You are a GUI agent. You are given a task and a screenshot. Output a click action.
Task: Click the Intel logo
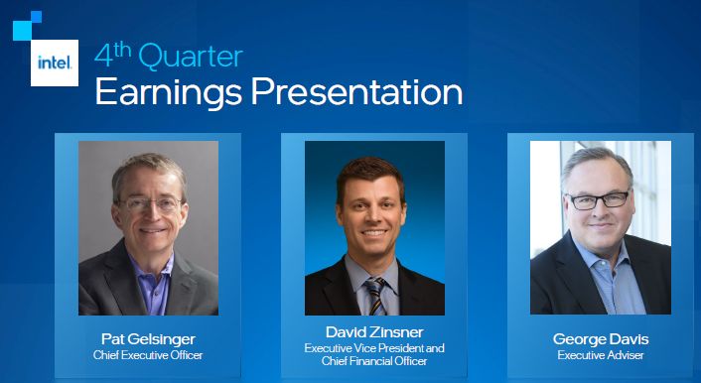click(55, 63)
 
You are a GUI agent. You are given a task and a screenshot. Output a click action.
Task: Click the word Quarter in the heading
click(191, 57)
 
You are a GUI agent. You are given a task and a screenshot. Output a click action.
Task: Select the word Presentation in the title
click(356, 91)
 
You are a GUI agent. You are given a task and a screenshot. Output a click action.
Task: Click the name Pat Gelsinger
click(148, 339)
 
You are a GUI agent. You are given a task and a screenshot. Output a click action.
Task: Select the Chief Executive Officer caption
click(148, 355)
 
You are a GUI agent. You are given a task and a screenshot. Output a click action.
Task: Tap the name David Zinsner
click(374, 332)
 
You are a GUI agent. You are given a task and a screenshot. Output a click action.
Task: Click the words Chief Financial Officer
click(374, 361)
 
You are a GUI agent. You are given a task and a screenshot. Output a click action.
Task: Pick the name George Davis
click(601, 339)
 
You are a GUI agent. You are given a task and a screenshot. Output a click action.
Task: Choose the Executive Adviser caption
click(601, 355)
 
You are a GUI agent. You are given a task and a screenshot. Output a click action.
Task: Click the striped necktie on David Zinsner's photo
click(375, 295)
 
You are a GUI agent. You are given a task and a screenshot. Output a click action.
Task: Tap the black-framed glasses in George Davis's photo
click(598, 198)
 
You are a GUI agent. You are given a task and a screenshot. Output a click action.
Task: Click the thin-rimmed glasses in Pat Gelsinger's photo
click(150, 204)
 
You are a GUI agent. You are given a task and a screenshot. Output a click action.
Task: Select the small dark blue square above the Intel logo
click(36, 17)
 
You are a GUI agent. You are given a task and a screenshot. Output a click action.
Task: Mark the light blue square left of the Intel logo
click(22, 31)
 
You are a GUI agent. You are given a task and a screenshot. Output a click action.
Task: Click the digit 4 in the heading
click(103, 58)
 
